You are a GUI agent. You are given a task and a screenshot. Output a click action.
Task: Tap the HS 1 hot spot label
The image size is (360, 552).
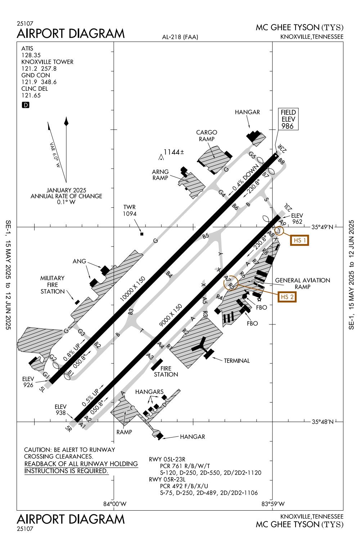tap(299, 240)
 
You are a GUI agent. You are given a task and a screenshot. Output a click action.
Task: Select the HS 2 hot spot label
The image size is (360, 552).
tap(287, 297)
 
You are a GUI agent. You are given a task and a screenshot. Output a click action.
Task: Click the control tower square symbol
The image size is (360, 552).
tap(142, 234)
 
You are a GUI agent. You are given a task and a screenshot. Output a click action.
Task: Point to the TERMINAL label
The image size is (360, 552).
tap(237, 360)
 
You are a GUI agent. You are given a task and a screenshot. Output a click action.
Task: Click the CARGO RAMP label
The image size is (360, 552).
tap(206, 136)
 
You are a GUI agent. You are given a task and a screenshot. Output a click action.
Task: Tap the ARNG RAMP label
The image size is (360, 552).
tap(160, 175)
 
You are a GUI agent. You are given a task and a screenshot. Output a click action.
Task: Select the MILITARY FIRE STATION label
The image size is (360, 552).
tap(53, 285)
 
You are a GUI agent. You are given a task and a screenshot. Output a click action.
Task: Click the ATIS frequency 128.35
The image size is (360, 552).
tap(31, 55)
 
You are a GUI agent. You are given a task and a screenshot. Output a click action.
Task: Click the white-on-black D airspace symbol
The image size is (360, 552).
tap(26, 105)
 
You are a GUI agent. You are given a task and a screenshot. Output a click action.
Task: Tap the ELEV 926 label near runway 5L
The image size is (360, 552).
tap(28, 382)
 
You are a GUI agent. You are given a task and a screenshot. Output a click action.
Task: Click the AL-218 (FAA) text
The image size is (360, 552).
tap(180, 37)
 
